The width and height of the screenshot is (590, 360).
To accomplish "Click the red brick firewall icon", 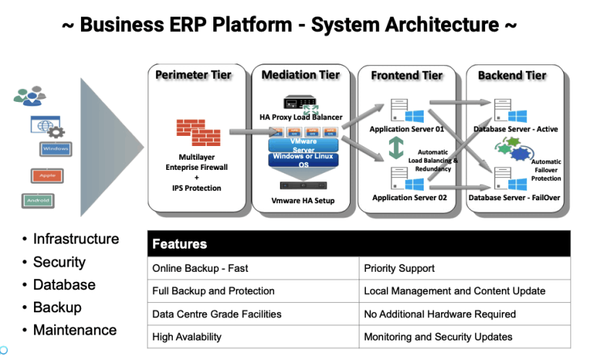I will (198, 132).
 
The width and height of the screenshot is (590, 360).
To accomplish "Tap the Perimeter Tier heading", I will (193, 75).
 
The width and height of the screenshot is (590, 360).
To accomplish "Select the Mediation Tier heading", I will (300, 75).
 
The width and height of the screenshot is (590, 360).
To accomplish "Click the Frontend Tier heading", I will (407, 75).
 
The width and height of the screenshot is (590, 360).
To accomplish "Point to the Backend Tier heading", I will (512, 75).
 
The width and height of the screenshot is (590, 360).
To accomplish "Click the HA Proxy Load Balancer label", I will (301, 117).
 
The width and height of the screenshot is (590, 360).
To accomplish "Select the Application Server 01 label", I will (407, 129).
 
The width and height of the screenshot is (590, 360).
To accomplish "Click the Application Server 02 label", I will (407, 197).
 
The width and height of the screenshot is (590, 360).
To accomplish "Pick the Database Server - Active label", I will (515, 129).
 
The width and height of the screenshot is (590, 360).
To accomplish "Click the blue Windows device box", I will (55, 149).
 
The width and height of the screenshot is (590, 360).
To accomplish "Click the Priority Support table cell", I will (399, 268).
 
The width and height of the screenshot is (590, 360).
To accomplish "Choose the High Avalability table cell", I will (187, 337).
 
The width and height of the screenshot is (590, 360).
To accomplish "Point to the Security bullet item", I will (59, 262).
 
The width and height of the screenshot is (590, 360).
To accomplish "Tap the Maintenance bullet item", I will (74, 330).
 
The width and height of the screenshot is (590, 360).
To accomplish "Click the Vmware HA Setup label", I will (302, 200).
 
